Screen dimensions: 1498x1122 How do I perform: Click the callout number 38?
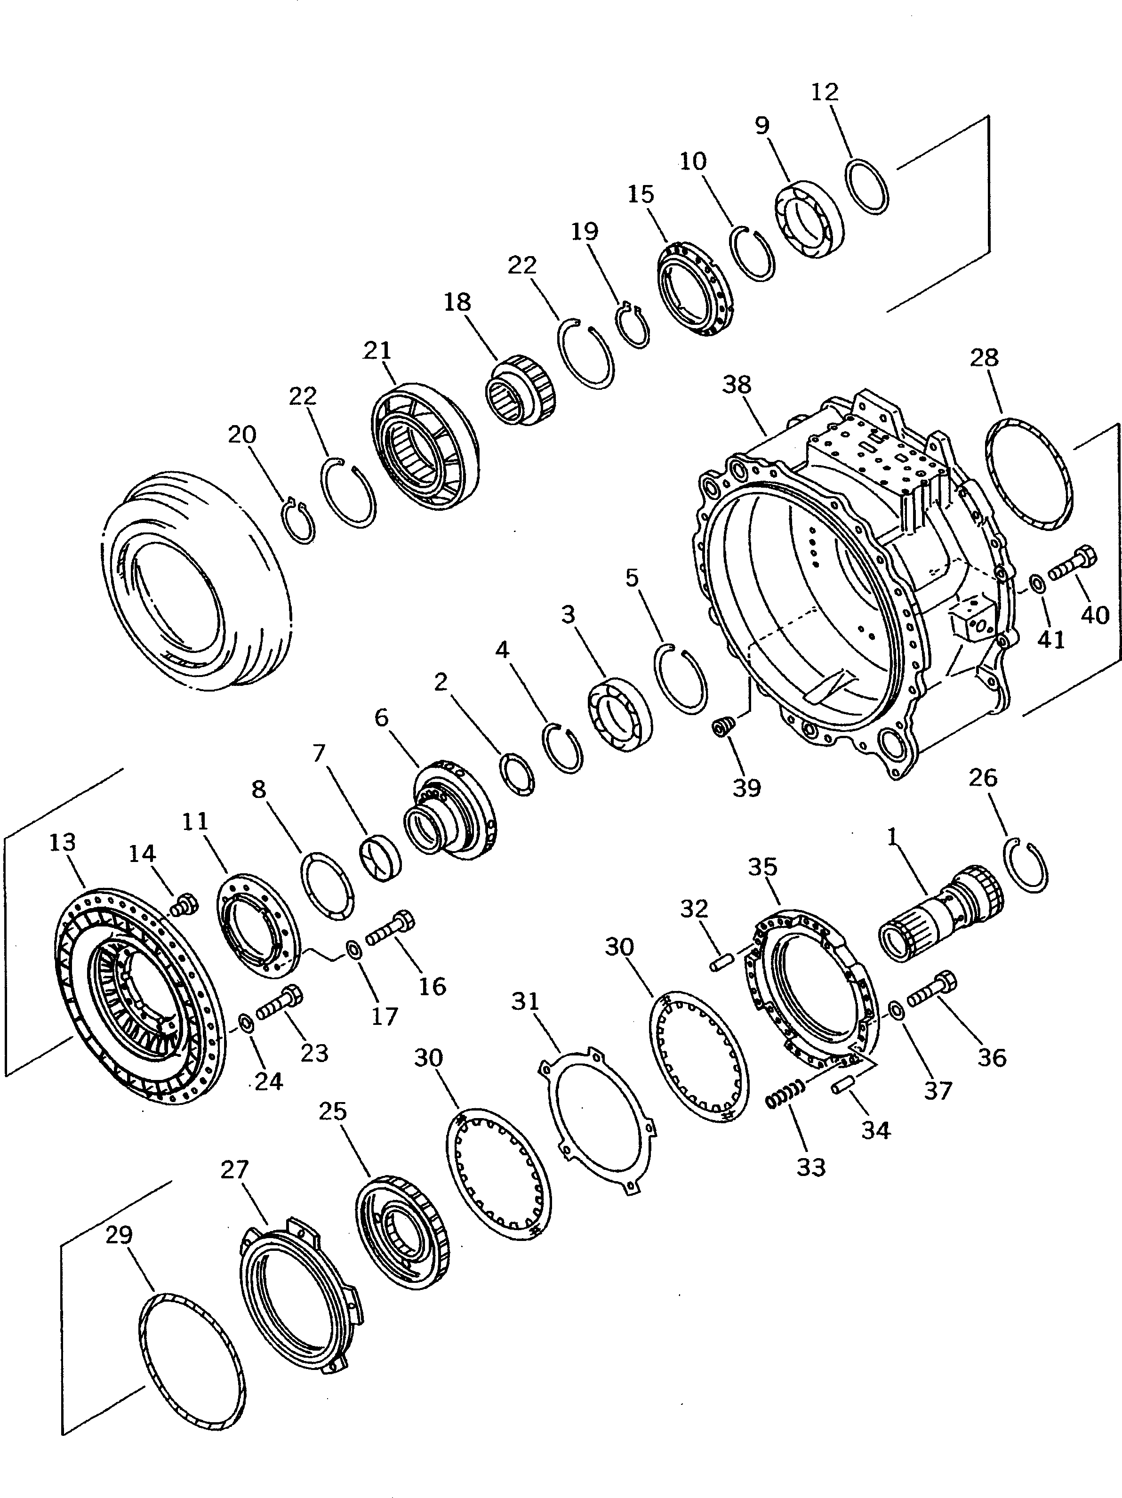[x=737, y=385]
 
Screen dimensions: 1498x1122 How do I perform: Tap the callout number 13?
[x=62, y=843]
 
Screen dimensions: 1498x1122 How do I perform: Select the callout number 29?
[x=119, y=1235]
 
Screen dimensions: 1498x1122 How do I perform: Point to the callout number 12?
[x=824, y=92]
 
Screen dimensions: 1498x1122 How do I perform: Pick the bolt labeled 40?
[x=1073, y=566]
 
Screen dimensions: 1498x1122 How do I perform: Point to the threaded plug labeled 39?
[x=723, y=728]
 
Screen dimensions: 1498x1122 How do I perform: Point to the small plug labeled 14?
[x=184, y=905]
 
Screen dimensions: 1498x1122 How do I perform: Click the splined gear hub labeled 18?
[x=522, y=390]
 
